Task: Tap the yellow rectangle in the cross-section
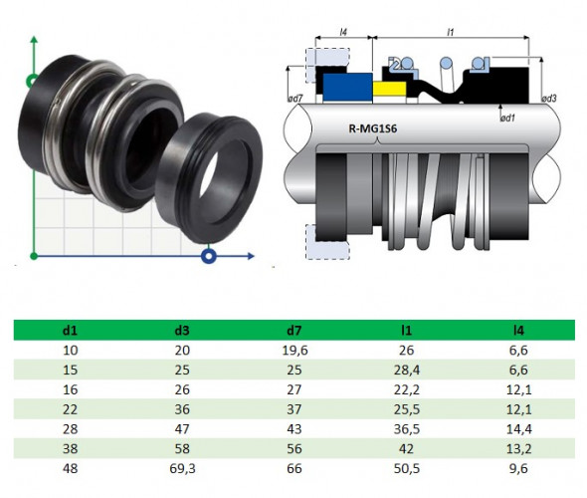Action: [x=390, y=90]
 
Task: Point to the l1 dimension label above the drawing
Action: [x=450, y=33]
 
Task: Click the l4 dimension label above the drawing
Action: [x=343, y=33]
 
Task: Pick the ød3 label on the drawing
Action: [x=548, y=98]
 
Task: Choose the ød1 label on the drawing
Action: [x=507, y=118]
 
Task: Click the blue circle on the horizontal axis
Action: [x=209, y=257]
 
